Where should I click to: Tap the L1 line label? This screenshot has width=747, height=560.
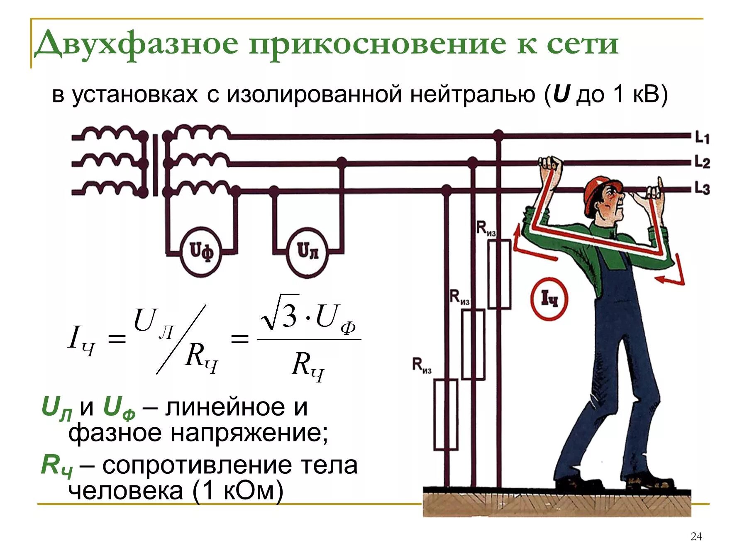point(702,137)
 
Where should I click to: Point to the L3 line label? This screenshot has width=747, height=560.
point(702,188)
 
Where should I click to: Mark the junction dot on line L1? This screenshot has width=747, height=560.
point(498,135)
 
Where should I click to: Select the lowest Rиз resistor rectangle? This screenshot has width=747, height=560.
point(446,414)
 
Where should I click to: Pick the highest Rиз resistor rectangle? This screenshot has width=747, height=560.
point(499,274)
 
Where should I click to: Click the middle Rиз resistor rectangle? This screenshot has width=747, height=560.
point(473,344)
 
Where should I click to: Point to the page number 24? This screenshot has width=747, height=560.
point(696,536)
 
